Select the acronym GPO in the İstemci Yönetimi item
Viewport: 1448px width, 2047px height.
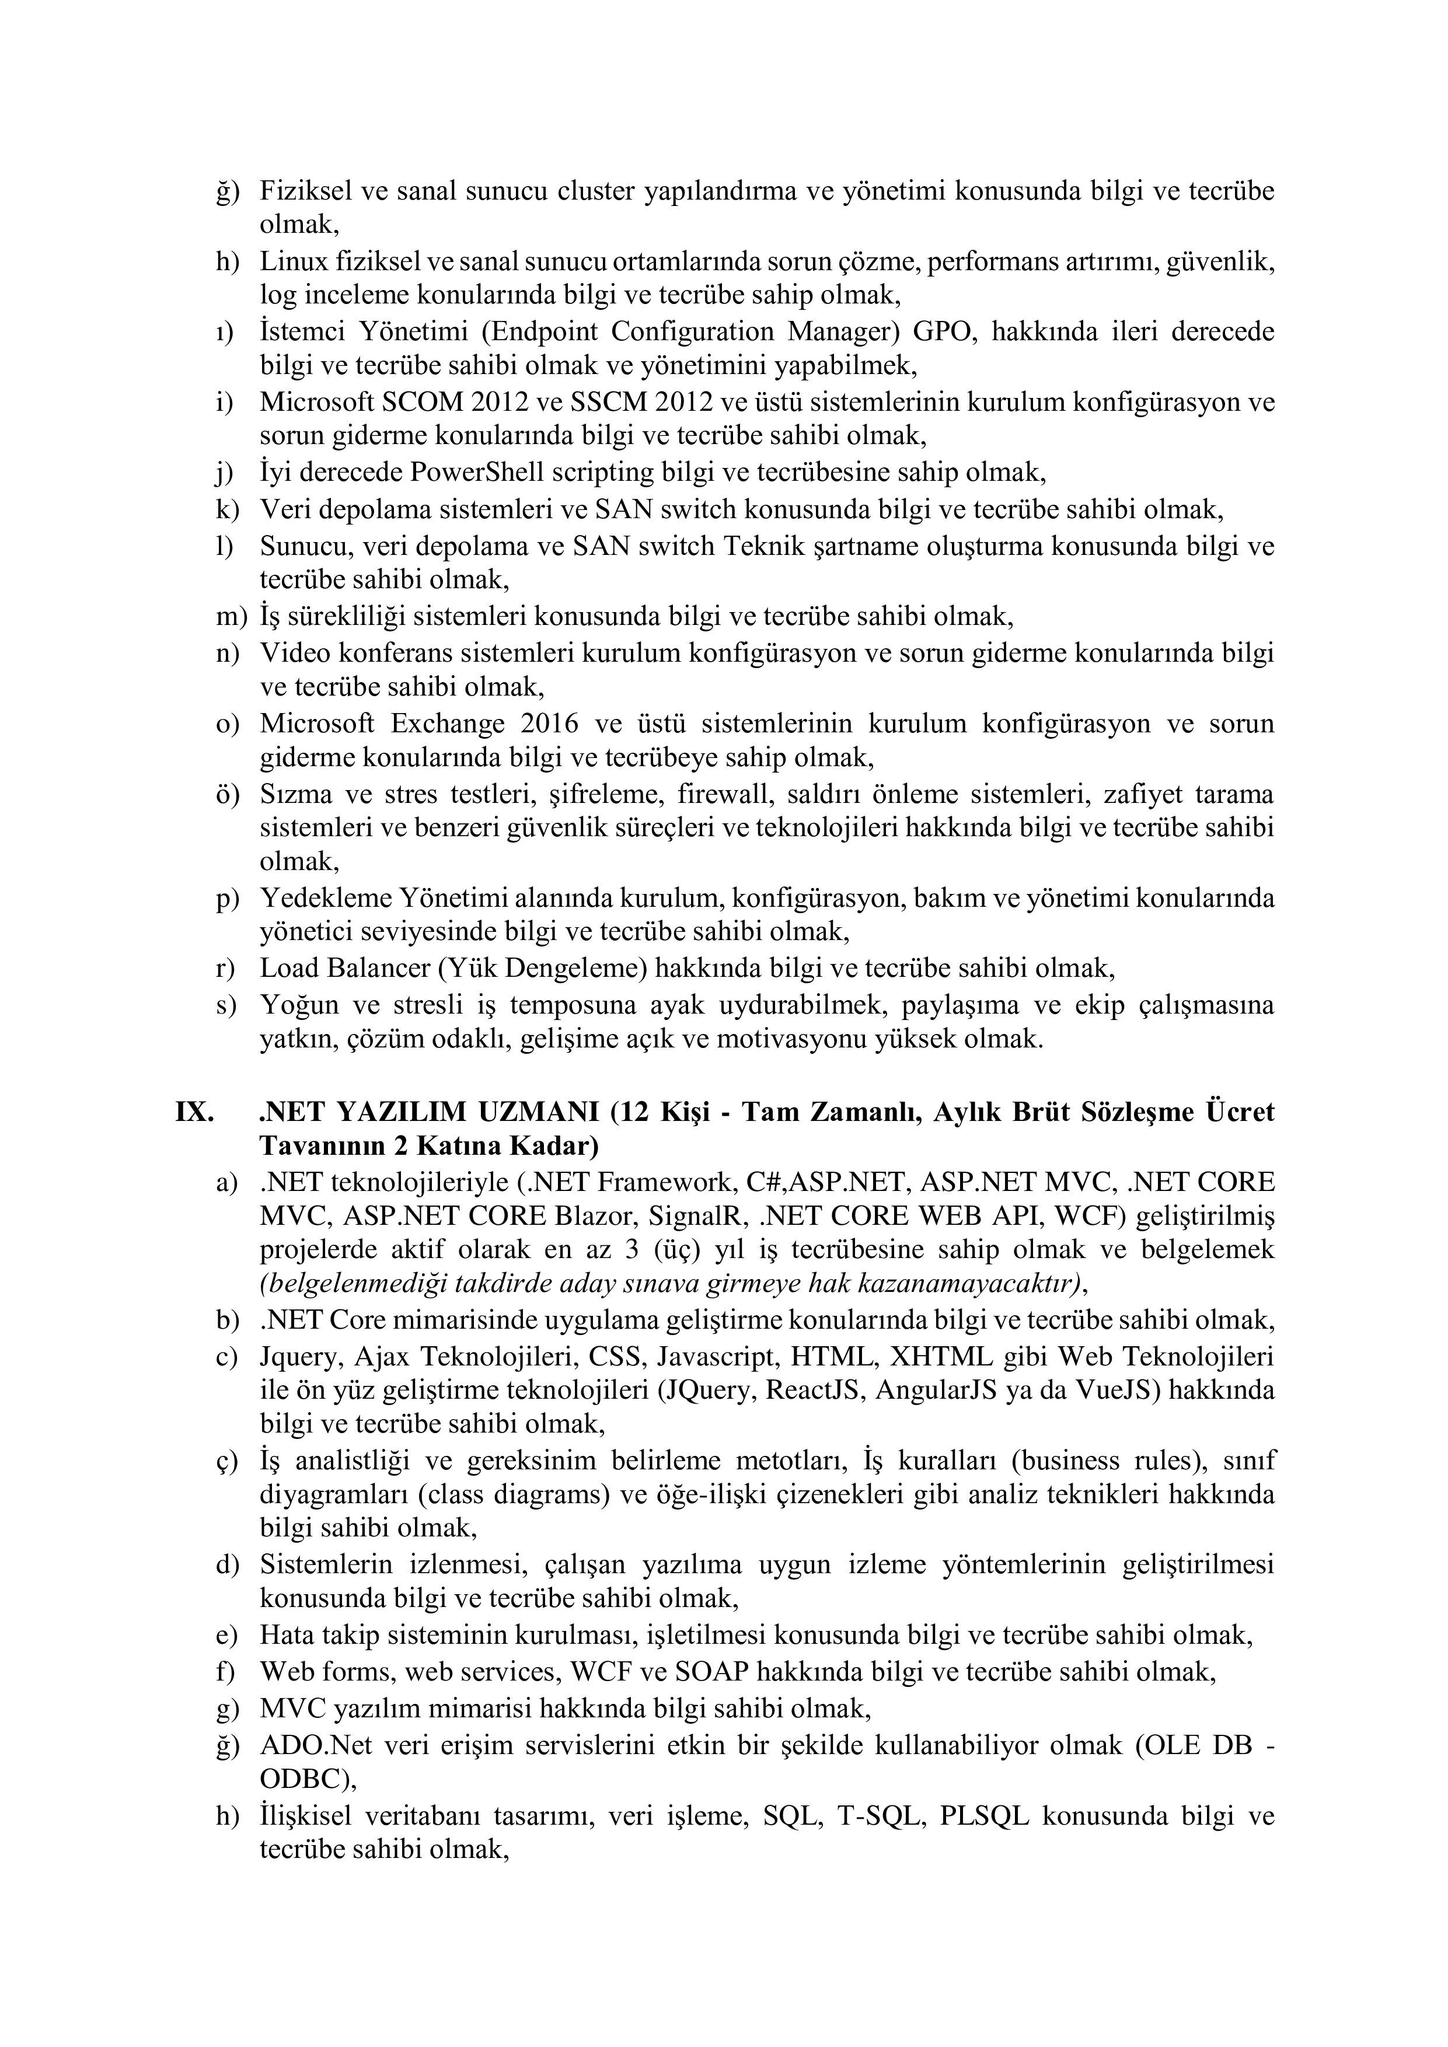click(943, 331)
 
